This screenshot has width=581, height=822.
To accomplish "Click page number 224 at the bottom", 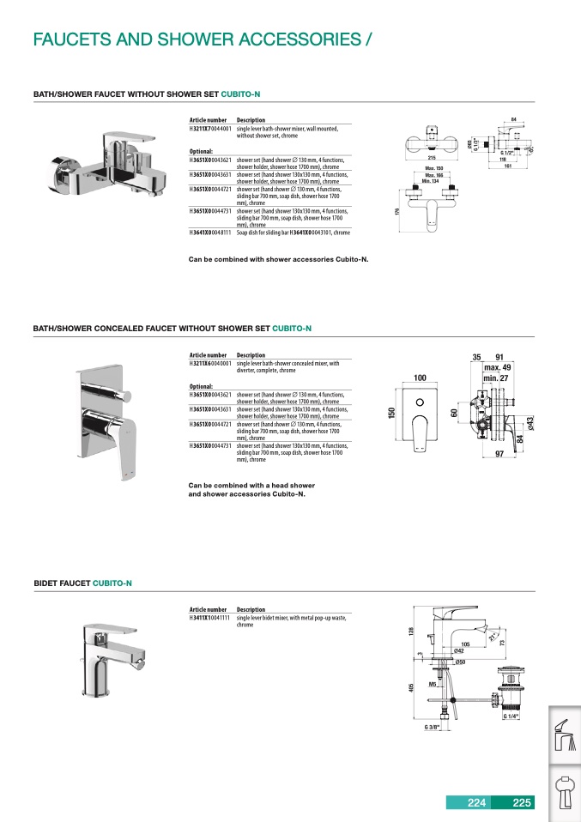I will point(476,803).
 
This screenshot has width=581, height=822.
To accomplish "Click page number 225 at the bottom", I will point(521,803).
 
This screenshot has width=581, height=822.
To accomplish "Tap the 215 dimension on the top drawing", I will point(432,159).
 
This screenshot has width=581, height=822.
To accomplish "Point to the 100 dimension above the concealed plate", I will point(421,378).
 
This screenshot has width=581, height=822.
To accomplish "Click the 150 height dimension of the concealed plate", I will point(391,414).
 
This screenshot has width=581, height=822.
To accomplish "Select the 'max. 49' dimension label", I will point(497,367).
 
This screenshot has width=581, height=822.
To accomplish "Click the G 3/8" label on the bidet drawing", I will point(432,728).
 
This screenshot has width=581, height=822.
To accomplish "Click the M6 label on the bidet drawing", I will point(433,684).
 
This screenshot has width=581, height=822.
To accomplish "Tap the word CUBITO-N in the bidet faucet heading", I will point(112,583).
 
